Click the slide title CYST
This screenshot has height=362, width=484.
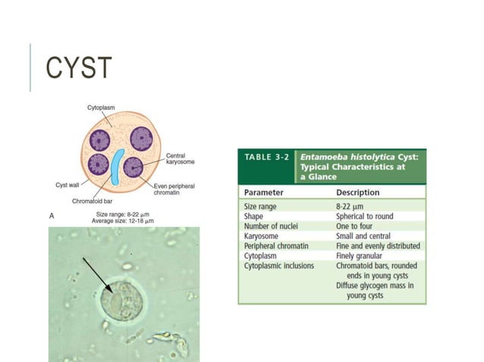pyautogui.click(x=78, y=68)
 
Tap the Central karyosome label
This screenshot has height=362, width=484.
pyautogui.click(x=182, y=158)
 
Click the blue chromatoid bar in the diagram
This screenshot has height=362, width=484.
pyautogui.click(x=116, y=168)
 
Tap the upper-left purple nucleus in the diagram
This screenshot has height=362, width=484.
pyautogui.click(x=100, y=140)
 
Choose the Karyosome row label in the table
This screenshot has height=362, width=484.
pyautogui.click(x=262, y=236)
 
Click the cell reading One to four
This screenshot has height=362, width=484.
pyautogui.click(x=357, y=226)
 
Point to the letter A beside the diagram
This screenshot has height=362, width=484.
pyautogui.click(x=52, y=216)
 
